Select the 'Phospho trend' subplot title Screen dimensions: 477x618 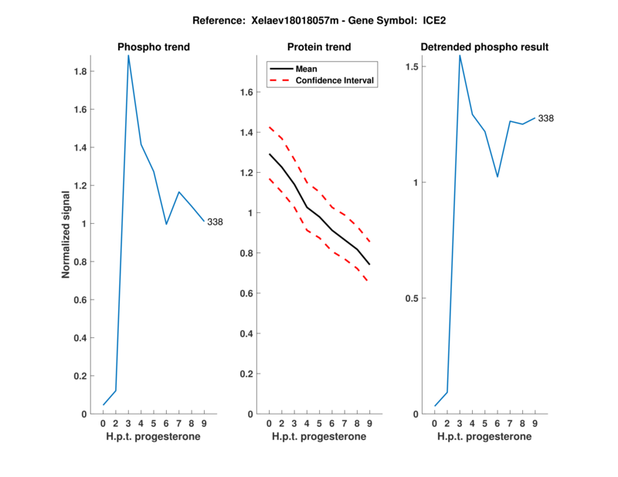[x=154, y=47]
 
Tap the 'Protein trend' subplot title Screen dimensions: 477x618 [x=319, y=47]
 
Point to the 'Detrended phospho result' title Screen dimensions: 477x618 [x=484, y=47]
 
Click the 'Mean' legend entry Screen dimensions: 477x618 [x=307, y=69]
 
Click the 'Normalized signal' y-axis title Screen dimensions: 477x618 [x=66, y=234]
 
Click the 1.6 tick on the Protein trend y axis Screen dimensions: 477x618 [x=247, y=93]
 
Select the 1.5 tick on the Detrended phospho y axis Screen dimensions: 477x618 [x=413, y=67]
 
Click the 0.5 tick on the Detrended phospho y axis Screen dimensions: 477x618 [x=413, y=299]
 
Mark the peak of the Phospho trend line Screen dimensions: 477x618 [x=128, y=56]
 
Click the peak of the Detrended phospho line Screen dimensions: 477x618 [x=460, y=56]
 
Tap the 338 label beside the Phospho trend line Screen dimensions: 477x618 [x=215, y=222]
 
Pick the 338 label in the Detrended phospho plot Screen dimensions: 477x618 [x=546, y=119]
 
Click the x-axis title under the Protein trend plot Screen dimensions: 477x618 [x=319, y=437]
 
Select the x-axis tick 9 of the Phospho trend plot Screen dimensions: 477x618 [x=203, y=424]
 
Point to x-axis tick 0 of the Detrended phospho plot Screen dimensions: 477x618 [x=435, y=424]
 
